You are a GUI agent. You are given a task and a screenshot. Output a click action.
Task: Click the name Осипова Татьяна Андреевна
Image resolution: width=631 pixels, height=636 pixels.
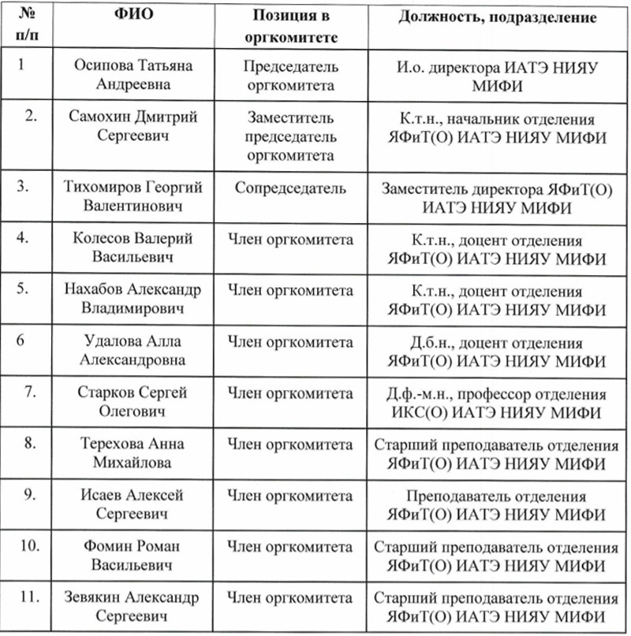click(133, 76)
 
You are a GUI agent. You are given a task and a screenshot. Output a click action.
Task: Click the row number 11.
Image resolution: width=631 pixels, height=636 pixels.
click(31, 597)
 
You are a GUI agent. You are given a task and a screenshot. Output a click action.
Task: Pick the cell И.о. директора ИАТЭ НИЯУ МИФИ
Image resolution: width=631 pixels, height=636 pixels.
click(495, 76)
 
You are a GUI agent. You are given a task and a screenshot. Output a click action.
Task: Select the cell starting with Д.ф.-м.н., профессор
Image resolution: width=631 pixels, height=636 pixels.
click(495, 402)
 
